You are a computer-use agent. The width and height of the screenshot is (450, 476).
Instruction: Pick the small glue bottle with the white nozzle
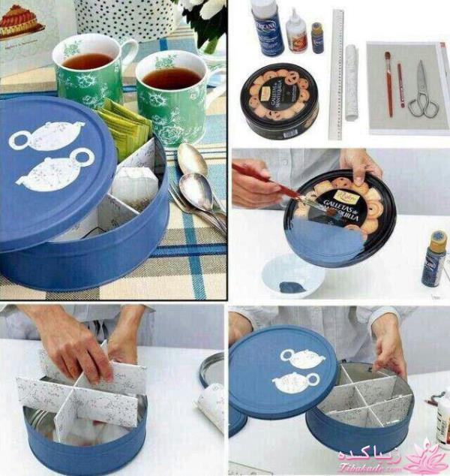click(297, 32)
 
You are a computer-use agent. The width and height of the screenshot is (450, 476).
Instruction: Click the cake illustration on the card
click(22, 20)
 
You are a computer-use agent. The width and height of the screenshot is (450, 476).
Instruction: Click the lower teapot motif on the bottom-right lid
click(295, 382)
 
